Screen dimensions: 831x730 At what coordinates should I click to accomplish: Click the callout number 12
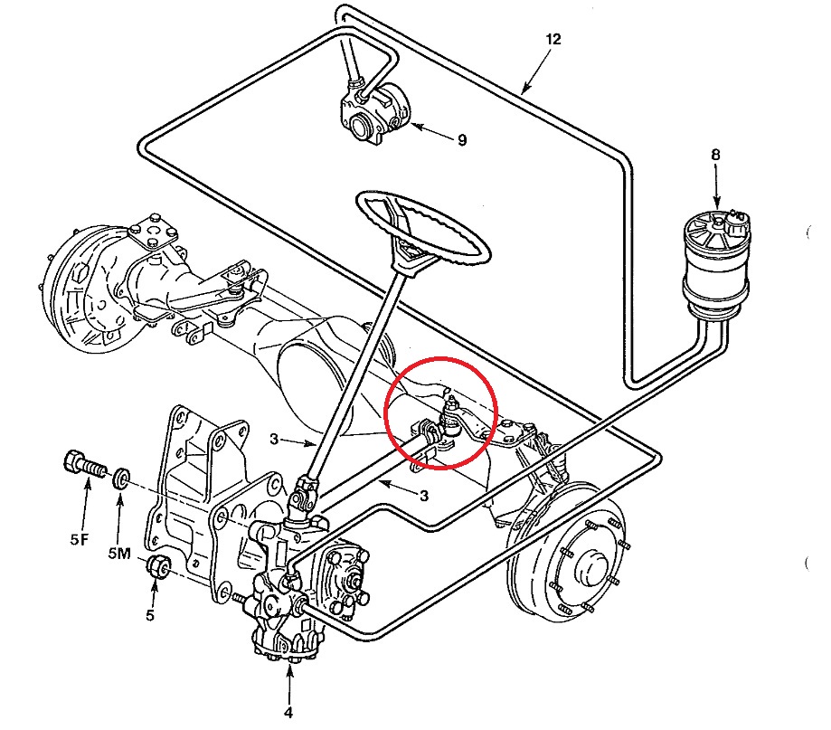(552, 39)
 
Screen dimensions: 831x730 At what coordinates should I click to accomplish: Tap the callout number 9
(462, 140)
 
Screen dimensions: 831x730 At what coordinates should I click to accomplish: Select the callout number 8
(715, 155)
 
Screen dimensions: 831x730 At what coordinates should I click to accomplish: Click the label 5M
(118, 554)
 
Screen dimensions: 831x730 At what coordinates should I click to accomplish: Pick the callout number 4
(288, 713)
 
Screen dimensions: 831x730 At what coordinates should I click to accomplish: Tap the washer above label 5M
(121, 477)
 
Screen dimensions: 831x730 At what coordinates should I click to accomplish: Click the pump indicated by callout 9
(375, 112)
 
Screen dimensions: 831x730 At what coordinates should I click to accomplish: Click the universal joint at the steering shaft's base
(303, 496)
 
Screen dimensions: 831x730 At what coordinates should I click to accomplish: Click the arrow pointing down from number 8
(716, 186)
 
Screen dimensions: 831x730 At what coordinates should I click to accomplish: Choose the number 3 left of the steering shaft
(273, 439)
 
